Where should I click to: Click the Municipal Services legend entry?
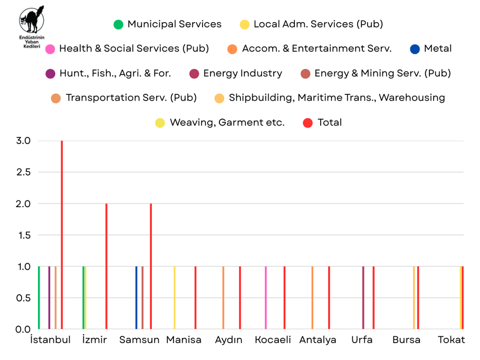pyautogui.click(x=168, y=24)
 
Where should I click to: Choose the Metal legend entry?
pyautogui.click(x=431, y=48)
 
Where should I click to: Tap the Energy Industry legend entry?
pyautogui.click(x=236, y=73)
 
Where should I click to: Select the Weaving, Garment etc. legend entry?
pyautogui.click(x=220, y=123)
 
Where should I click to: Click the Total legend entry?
pyautogui.click(x=323, y=123)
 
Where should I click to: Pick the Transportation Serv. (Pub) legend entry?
pyautogui.click(x=124, y=98)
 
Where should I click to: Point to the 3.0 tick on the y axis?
pyautogui.click(x=24, y=141)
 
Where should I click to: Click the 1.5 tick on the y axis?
pyautogui.click(x=24, y=235)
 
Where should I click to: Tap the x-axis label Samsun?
pyautogui.click(x=139, y=340)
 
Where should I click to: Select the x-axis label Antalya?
pyautogui.click(x=318, y=340)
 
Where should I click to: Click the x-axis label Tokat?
pyautogui.click(x=452, y=340)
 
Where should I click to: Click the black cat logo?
pyautogui.click(x=32, y=21)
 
